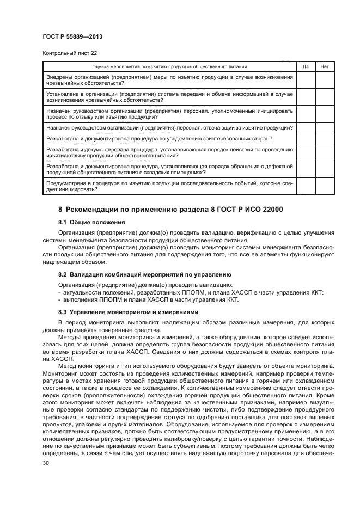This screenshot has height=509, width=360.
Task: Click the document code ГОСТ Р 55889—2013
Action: (72, 36)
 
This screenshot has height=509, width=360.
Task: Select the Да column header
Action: (306, 66)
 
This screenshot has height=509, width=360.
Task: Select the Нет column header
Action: (325, 66)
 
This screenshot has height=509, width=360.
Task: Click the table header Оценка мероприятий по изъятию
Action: (169, 66)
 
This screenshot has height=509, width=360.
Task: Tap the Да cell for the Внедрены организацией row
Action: (306, 80)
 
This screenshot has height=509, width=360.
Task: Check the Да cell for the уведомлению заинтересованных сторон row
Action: (306, 139)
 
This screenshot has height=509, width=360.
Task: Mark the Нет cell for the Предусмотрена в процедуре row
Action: (325, 187)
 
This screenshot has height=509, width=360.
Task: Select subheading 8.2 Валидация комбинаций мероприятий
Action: (144, 274)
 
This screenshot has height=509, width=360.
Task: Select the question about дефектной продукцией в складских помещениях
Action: (169, 169)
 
